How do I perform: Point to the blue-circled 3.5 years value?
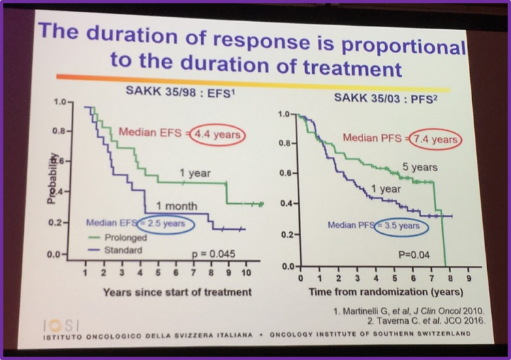click(x=400, y=224)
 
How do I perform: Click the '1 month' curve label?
click(x=176, y=206)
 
